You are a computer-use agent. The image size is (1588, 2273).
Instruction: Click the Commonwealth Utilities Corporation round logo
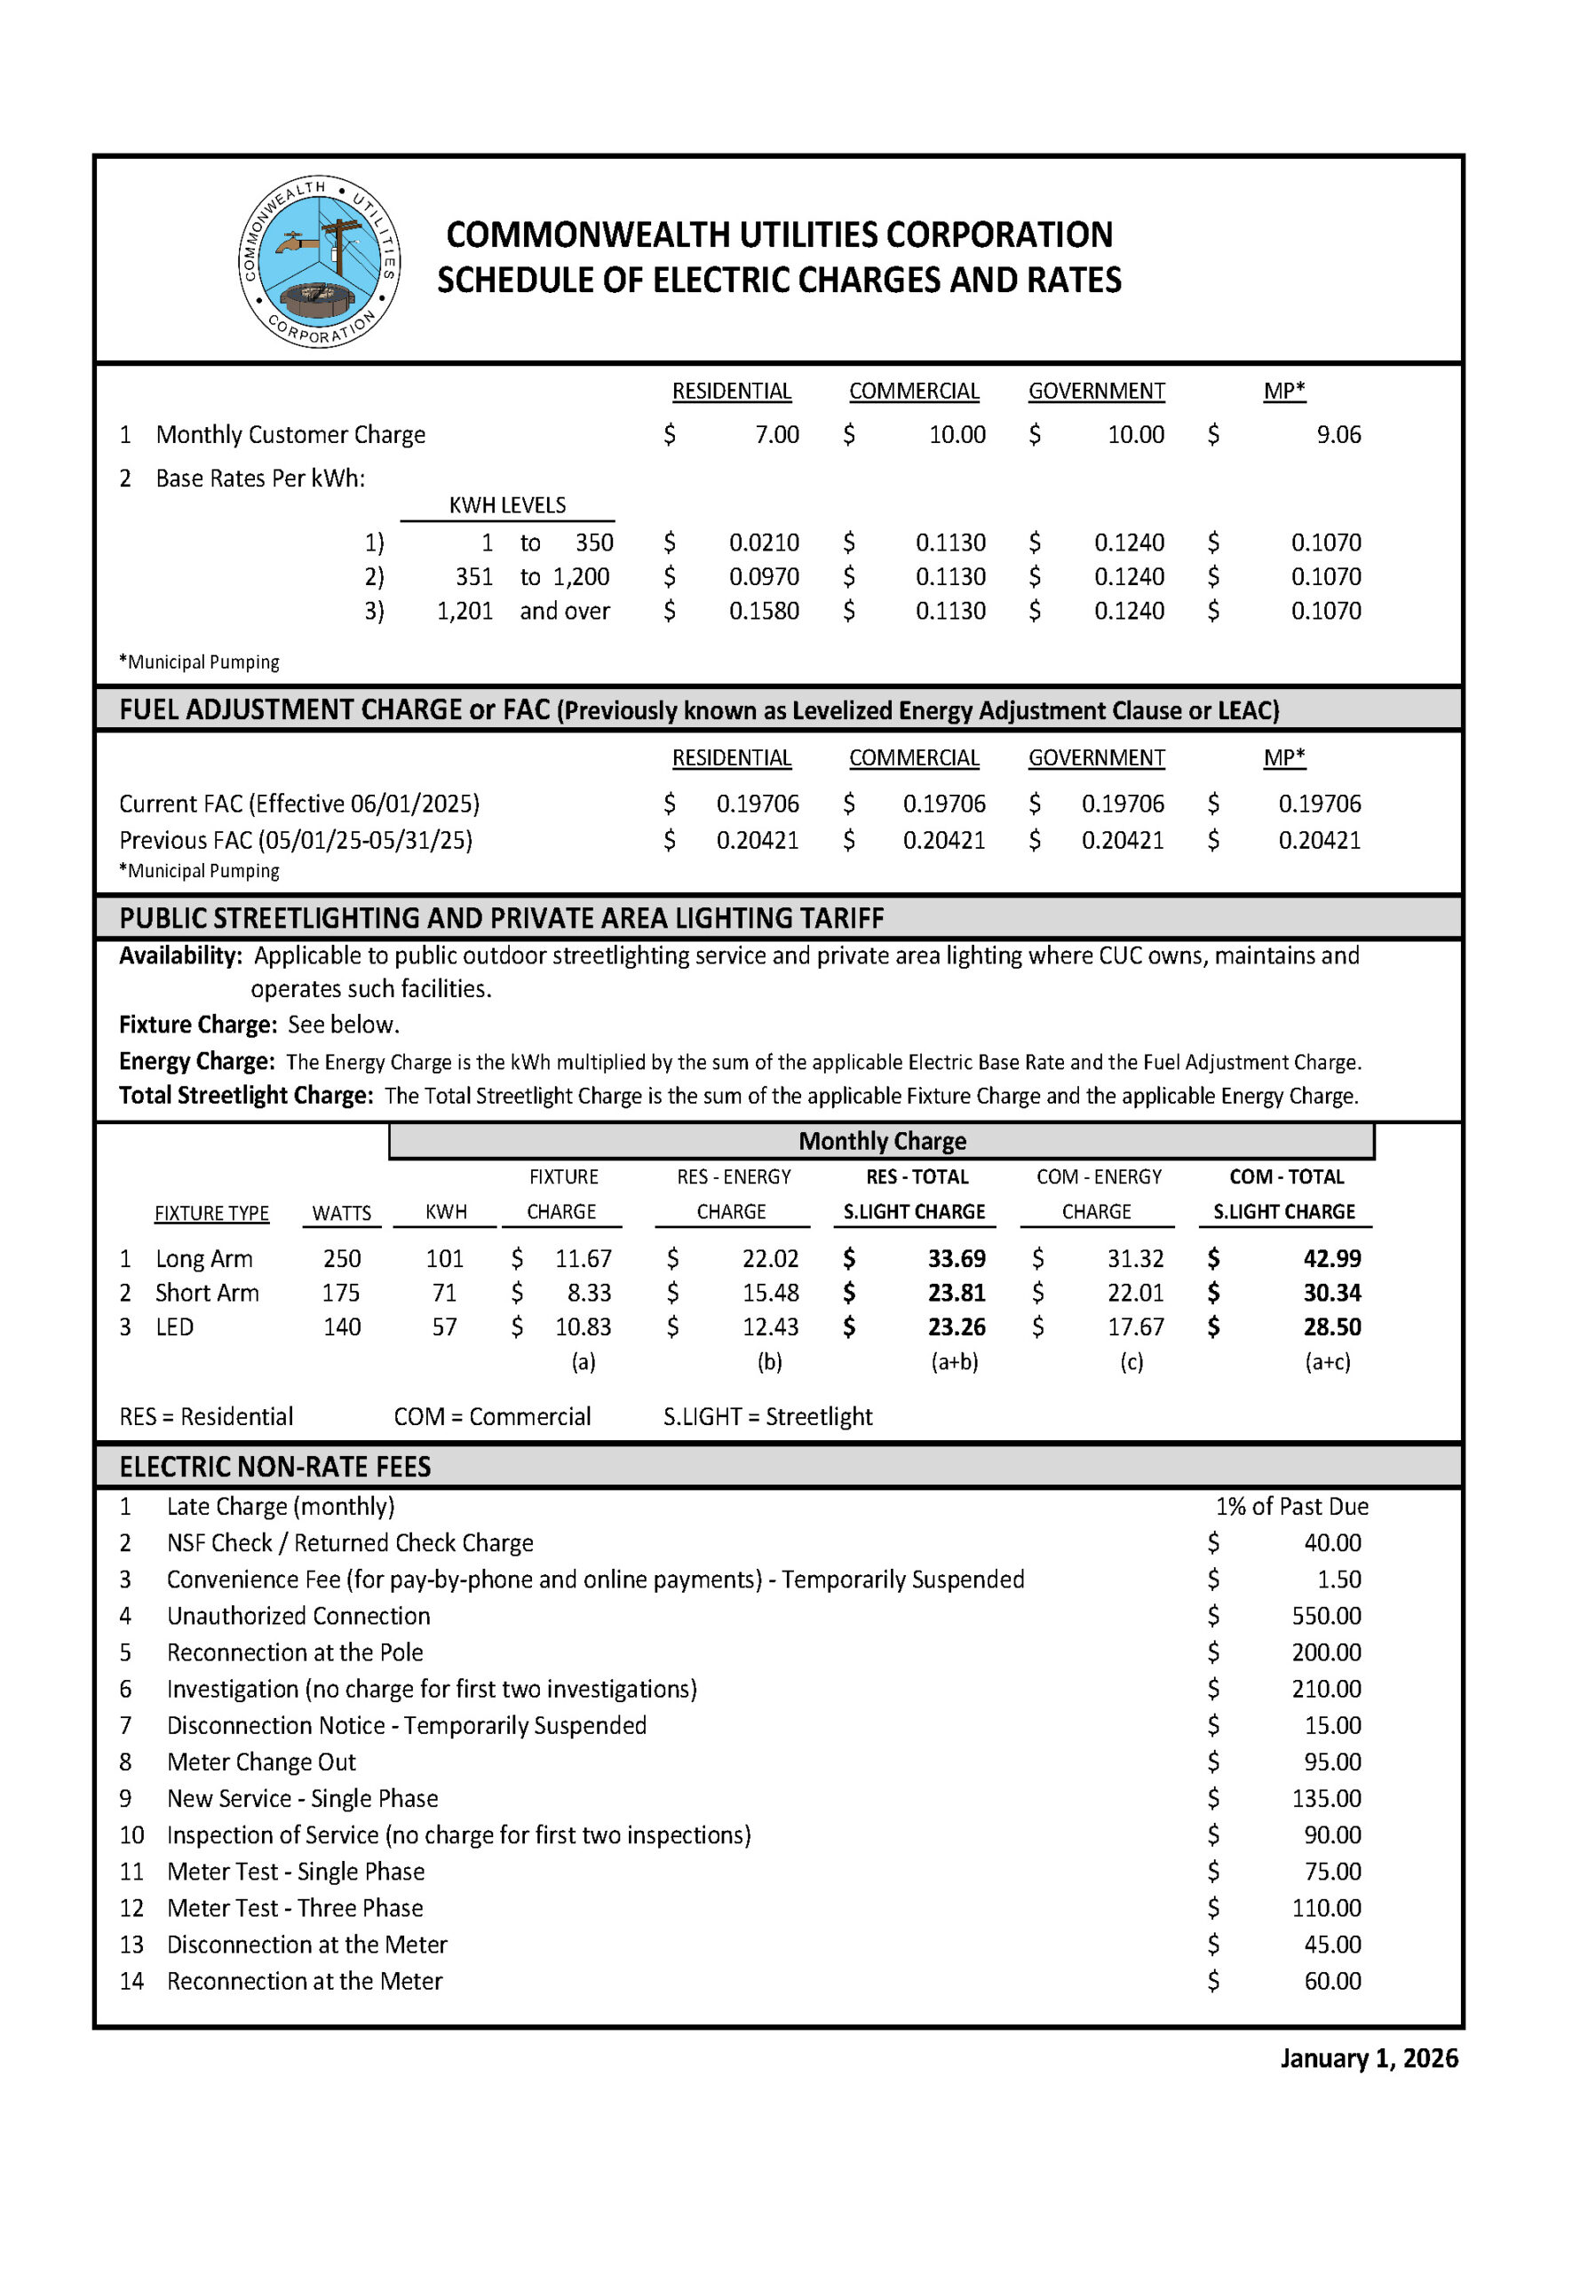(x=319, y=261)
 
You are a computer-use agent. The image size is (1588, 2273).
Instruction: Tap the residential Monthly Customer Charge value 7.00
(x=776, y=434)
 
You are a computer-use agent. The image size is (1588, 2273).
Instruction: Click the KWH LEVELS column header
(x=507, y=505)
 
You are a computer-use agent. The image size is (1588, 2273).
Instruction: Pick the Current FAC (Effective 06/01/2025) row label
(x=299, y=803)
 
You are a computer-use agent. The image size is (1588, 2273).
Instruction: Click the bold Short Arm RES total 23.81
(x=956, y=1293)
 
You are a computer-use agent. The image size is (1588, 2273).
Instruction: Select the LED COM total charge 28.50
(x=1330, y=1327)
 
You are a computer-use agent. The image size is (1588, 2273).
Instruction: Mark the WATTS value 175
(x=342, y=1293)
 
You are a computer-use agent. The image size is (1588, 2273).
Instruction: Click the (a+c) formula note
(x=1327, y=1361)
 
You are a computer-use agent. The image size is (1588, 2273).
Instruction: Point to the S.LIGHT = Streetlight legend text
(x=767, y=1417)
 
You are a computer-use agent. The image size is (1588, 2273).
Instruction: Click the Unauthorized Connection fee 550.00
(x=1326, y=1616)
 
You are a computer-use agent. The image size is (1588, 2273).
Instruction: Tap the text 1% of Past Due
(x=1291, y=1506)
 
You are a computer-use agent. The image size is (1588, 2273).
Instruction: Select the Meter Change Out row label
(x=261, y=1762)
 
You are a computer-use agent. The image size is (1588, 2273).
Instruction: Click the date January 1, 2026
(x=1369, y=2058)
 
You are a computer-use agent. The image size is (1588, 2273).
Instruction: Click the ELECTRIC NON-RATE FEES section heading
(x=275, y=1466)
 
